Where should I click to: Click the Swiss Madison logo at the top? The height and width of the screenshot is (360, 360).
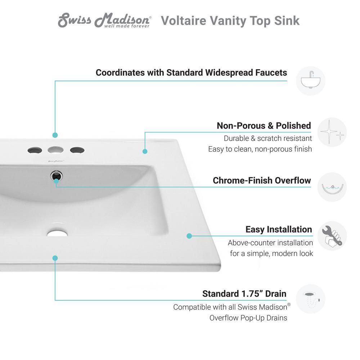click(104, 20)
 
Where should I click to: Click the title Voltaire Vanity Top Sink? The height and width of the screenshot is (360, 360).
click(230, 21)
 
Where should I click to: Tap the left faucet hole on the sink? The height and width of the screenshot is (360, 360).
click(35, 150)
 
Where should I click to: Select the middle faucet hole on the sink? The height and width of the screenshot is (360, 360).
click(55, 150)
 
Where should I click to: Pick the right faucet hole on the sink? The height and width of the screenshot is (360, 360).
click(77, 150)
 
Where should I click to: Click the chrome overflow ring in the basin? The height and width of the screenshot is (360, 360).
click(56, 176)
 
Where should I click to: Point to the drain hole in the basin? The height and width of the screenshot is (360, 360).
click(57, 233)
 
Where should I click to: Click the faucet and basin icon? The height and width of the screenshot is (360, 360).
click(310, 81)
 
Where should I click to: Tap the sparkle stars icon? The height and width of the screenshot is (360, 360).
click(332, 132)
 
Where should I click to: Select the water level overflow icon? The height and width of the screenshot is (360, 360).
click(332, 187)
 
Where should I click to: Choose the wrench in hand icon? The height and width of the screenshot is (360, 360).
click(332, 236)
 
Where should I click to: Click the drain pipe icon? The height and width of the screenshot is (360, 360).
click(310, 299)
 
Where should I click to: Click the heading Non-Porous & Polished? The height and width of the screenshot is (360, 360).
click(264, 126)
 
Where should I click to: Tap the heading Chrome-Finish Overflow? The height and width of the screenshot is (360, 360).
click(262, 180)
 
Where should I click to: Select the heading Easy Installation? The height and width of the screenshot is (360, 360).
click(279, 229)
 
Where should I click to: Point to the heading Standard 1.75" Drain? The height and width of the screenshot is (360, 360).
click(244, 294)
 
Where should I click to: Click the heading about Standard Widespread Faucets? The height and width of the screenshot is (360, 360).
click(191, 73)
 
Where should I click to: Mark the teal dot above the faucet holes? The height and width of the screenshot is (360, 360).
click(55, 135)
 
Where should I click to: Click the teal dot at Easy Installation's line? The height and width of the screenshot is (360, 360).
click(189, 236)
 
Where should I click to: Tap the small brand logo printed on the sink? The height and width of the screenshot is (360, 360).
click(56, 161)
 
